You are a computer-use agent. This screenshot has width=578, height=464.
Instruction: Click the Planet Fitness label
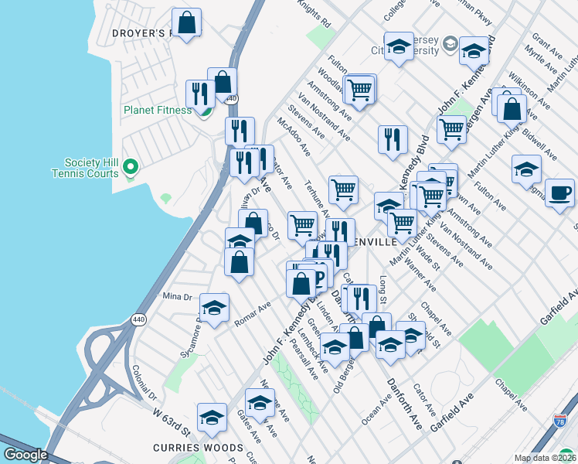(158, 110)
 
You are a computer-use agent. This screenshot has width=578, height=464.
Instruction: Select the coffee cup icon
(559, 193)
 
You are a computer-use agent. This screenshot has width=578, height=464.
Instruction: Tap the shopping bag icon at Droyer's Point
(186, 22)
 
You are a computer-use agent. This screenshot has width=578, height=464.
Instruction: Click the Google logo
(25, 455)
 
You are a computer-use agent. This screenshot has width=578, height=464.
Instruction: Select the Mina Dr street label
(177, 297)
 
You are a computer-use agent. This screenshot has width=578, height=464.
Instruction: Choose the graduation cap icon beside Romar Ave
(214, 308)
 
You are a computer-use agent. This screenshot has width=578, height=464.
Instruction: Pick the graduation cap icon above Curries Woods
(211, 418)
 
